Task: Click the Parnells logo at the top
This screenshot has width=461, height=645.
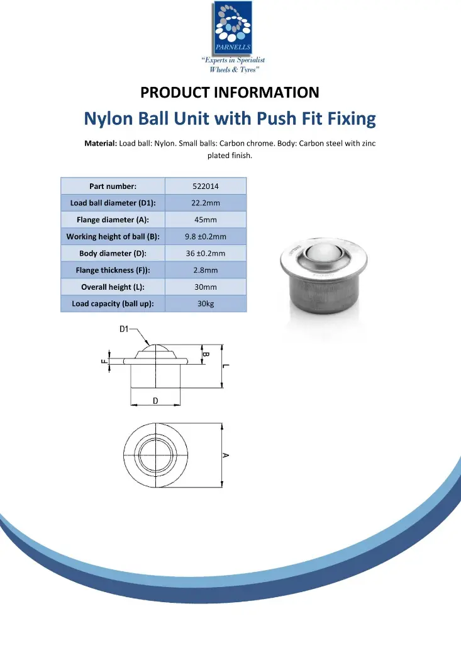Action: click(x=233, y=28)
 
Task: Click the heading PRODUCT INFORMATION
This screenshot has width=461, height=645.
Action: click(x=230, y=93)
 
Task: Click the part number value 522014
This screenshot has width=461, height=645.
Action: click(x=206, y=186)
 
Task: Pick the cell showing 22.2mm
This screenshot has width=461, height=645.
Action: click(x=206, y=203)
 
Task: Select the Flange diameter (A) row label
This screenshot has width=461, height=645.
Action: click(x=113, y=220)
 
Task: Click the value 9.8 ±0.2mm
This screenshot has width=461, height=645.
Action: click(x=206, y=237)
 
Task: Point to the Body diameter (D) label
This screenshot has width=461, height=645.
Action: click(x=113, y=254)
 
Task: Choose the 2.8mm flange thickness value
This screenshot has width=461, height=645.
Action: click(x=206, y=270)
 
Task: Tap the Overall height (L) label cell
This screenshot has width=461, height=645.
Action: click(x=113, y=287)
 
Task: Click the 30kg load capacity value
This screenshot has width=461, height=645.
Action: click(x=206, y=304)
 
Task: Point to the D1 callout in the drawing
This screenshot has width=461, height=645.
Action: click(x=124, y=329)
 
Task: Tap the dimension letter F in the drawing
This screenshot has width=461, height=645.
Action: click(x=104, y=362)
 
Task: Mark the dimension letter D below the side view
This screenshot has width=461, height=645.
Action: click(x=155, y=401)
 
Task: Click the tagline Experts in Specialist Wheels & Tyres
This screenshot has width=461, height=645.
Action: click(x=233, y=64)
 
